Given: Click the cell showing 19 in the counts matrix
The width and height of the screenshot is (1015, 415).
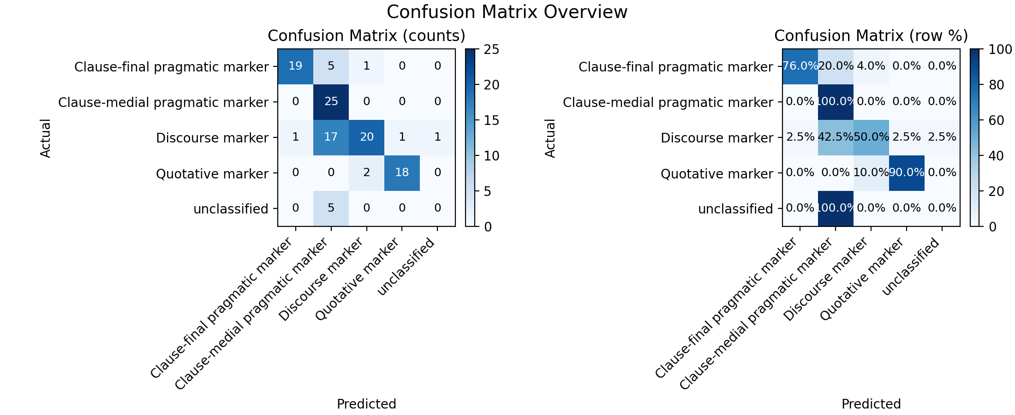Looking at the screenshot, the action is click(295, 66).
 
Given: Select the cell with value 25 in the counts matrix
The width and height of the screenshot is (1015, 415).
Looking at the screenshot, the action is click(331, 102).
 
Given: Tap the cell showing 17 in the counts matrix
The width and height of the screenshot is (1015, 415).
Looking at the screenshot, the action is click(331, 137).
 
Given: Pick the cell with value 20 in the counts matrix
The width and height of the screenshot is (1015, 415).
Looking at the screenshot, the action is click(366, 137).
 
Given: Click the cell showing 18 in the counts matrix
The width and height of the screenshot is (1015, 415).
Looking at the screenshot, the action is click(402, 173).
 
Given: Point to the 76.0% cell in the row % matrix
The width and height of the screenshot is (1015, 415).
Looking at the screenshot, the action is click(800, 66).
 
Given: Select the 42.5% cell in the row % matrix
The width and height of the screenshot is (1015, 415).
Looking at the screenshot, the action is click(836, 137).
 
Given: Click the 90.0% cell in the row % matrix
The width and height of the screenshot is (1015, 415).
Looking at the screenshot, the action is click(907, 173).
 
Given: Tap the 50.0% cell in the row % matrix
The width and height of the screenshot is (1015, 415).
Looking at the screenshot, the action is click(871, 137).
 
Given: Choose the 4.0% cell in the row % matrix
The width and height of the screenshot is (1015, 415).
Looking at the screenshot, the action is click(871, 66).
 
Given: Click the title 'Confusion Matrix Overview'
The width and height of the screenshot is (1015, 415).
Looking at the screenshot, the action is click(507, 12).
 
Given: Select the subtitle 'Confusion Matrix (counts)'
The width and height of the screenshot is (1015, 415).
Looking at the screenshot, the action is click(366, 36).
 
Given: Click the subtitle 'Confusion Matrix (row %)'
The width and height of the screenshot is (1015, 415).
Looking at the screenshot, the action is click(871, 36).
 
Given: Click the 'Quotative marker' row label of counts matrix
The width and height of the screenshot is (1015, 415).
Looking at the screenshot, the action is click(212, 174).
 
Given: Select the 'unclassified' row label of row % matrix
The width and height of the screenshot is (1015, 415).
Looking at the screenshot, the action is click(735, 209).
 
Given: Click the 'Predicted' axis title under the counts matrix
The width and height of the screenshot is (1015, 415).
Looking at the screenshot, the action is click(366, 404).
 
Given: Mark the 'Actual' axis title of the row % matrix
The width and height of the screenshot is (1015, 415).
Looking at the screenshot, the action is click(550, 138).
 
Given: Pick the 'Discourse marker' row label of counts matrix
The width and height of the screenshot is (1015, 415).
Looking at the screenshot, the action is click(212, 138).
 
